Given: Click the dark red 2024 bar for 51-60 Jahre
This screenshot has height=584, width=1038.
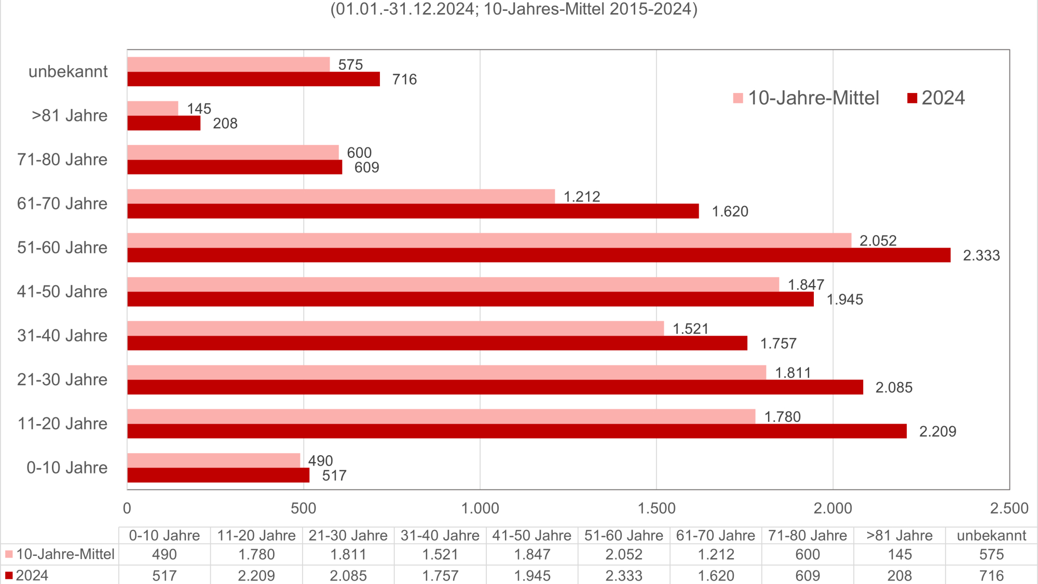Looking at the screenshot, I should [x=539, y=255].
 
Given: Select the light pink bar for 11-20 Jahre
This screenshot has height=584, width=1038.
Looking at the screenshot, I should [x=441, y=416].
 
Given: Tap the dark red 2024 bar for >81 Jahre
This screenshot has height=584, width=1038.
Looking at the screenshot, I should [x=164, y=123].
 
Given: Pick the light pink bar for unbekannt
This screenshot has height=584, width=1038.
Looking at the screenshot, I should [x=228, y=64].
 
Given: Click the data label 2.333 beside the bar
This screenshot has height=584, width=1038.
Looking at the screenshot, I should [x=981, y=255].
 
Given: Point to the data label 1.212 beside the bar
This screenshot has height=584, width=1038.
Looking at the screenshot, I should [x=582, y=197].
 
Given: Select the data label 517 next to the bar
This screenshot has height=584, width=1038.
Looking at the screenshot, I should [x=334, y=476].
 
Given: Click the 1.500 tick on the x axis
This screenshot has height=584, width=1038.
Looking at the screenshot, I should [x=657, y=508].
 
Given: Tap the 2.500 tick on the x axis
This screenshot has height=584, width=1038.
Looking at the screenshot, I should [x=1009, y=508].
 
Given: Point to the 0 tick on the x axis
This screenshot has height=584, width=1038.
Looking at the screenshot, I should [x=127, y=508].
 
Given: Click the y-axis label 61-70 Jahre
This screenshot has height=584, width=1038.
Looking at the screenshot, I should [x=62, y=203].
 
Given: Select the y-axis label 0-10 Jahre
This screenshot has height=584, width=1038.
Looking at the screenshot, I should [x=67, y=468].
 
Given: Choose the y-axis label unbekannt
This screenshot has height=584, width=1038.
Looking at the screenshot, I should [x=68, y=72].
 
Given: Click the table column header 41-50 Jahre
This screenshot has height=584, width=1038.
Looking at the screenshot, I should [x=531, y=536].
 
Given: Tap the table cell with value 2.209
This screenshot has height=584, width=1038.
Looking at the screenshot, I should [x=256, y=576].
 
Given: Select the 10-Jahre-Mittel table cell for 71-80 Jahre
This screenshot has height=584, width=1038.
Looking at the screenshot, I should [x=808, y=554].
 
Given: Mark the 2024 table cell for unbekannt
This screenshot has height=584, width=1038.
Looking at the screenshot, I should [x=991, y=576].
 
